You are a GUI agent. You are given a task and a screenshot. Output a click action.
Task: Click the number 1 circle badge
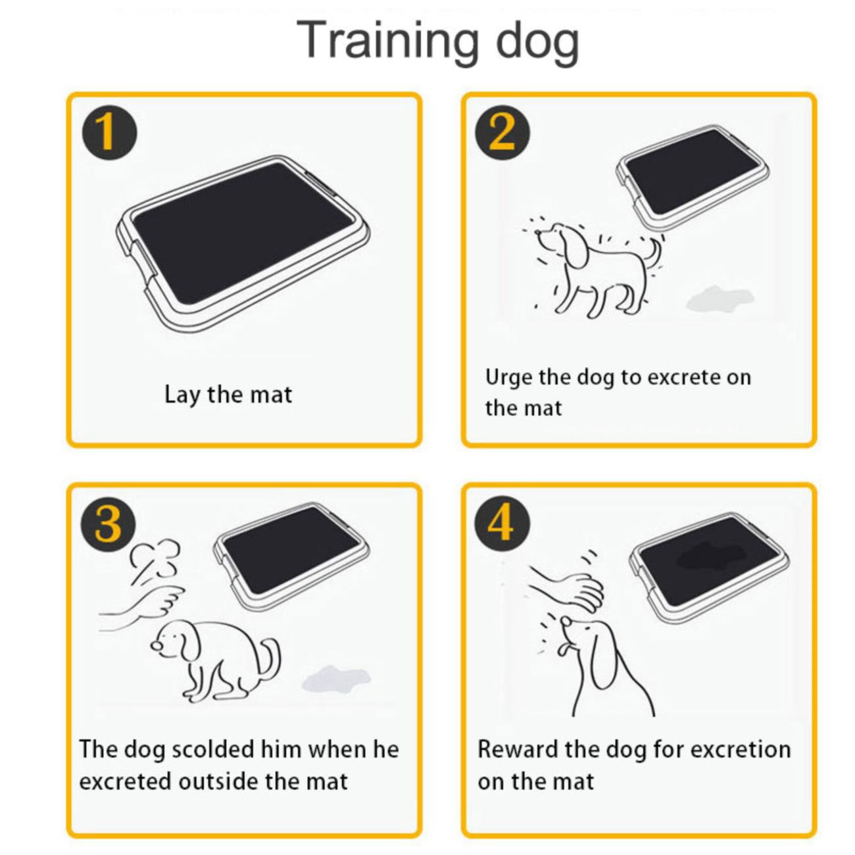coord(109,133)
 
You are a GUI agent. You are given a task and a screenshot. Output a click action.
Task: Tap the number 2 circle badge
coord(502,133)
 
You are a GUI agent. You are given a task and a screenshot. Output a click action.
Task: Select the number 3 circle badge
coord(109,524)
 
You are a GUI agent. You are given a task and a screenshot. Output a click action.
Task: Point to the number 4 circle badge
coord(502,524)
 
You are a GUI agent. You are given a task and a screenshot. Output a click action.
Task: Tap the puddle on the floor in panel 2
coord(720,299)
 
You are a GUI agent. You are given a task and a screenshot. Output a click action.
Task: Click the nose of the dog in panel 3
coord(155,645)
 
